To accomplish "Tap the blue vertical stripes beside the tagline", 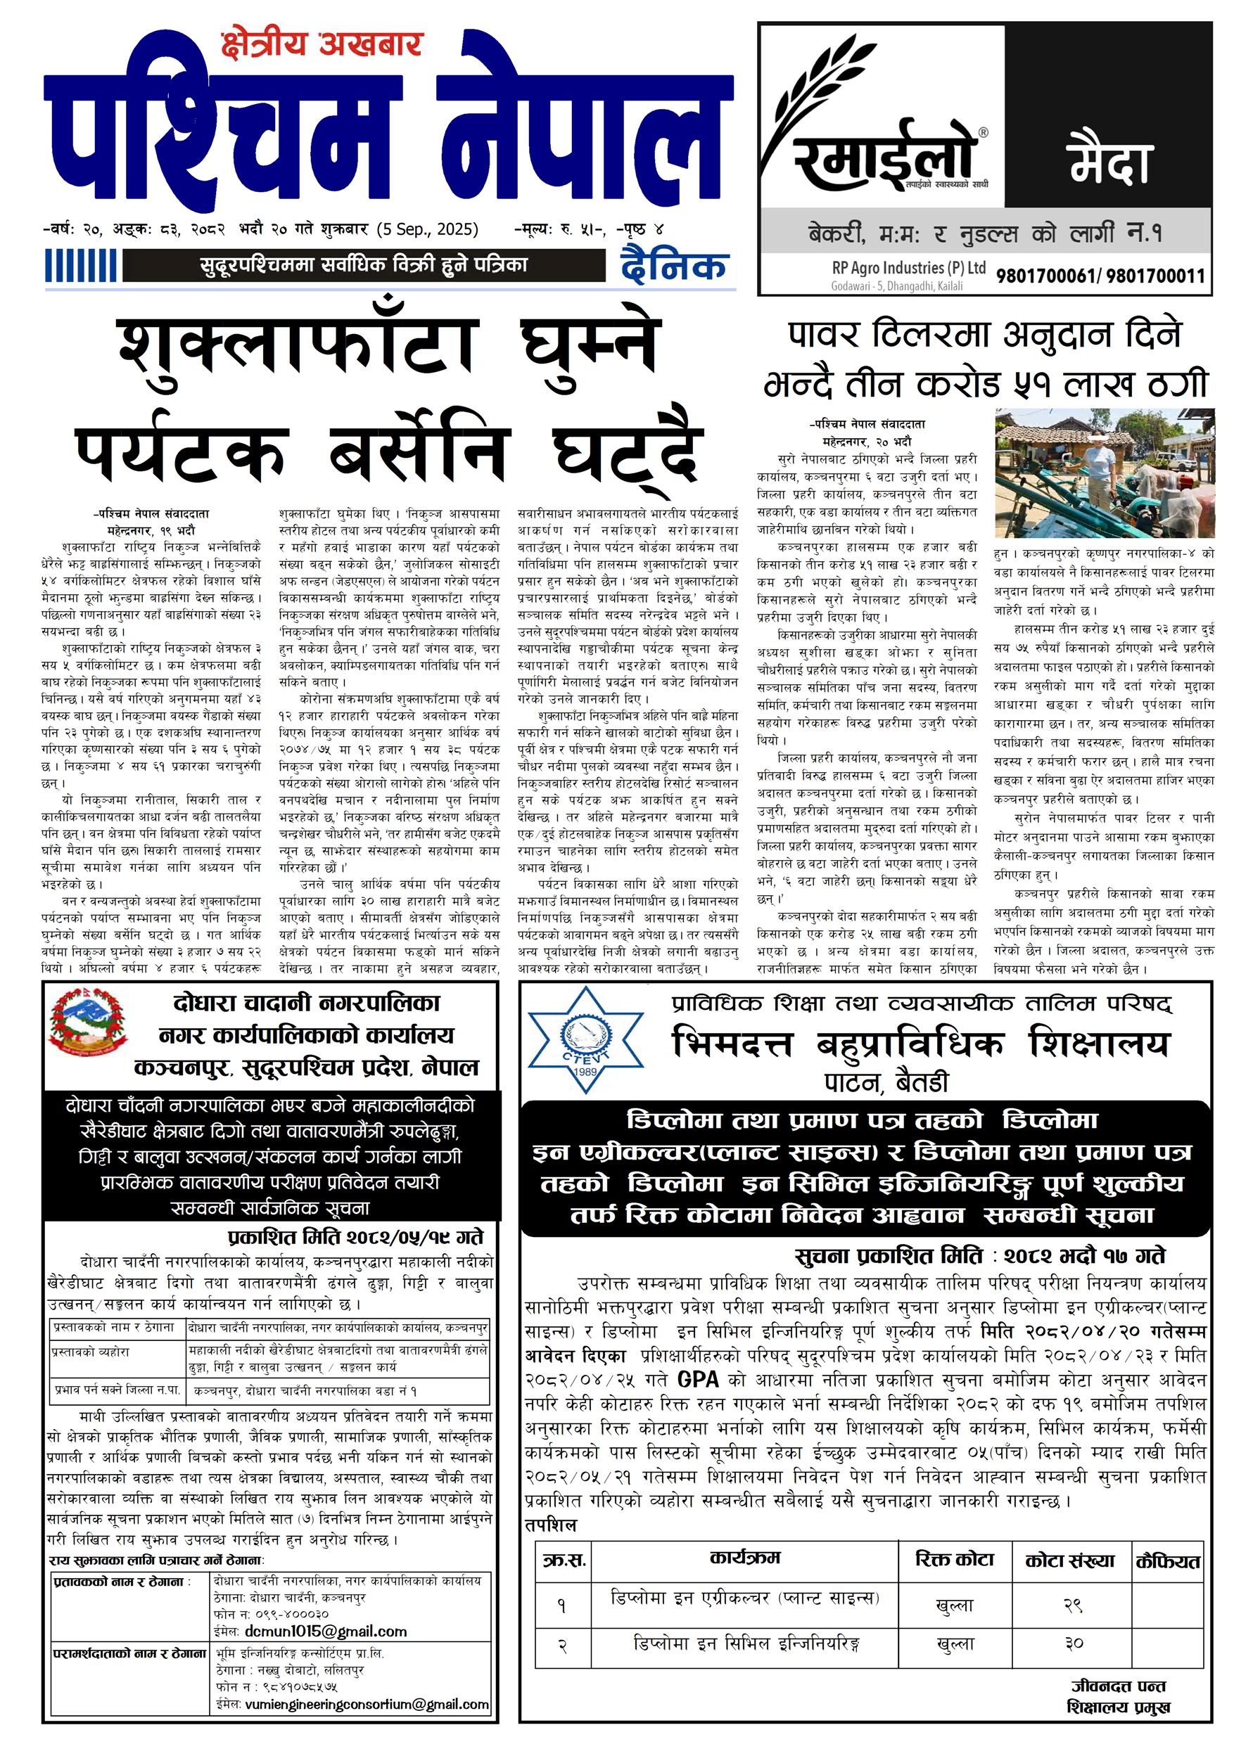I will pos(83,267).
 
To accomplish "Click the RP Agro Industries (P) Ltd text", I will pos(908,267).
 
